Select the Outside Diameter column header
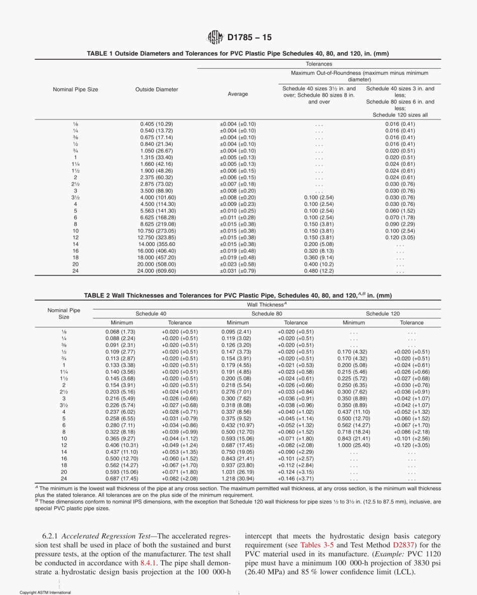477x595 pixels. (x=157, y=89)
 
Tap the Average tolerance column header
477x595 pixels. (x=237, y=94)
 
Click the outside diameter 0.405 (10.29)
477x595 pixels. (x=157, y=124)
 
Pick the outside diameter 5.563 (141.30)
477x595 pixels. (x=157, y=211)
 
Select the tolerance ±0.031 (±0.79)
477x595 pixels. (x=237, y=271)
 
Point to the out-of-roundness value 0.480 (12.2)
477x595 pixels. (x=319, y=271)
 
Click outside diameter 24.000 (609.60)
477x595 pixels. (x=157, y=271)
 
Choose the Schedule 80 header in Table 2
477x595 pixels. (x=266, y=313)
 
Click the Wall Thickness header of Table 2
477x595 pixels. (x=266, y=304)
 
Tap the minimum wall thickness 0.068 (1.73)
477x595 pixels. (x=120, y=332)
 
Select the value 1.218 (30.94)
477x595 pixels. (x=237, y=479)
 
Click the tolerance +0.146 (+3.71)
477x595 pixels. (x=295, y=479)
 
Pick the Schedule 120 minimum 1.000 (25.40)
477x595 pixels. (x=353, y=445)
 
